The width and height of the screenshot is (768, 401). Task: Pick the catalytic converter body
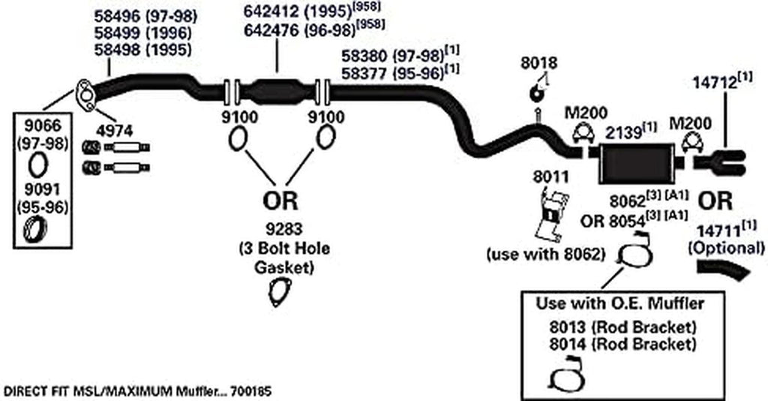tap(277, 92)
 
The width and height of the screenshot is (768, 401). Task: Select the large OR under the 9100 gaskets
tap(280, 201)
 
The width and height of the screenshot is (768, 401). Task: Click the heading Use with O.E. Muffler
tap(619, 305)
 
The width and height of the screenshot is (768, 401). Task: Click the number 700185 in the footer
tap(249, 391)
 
